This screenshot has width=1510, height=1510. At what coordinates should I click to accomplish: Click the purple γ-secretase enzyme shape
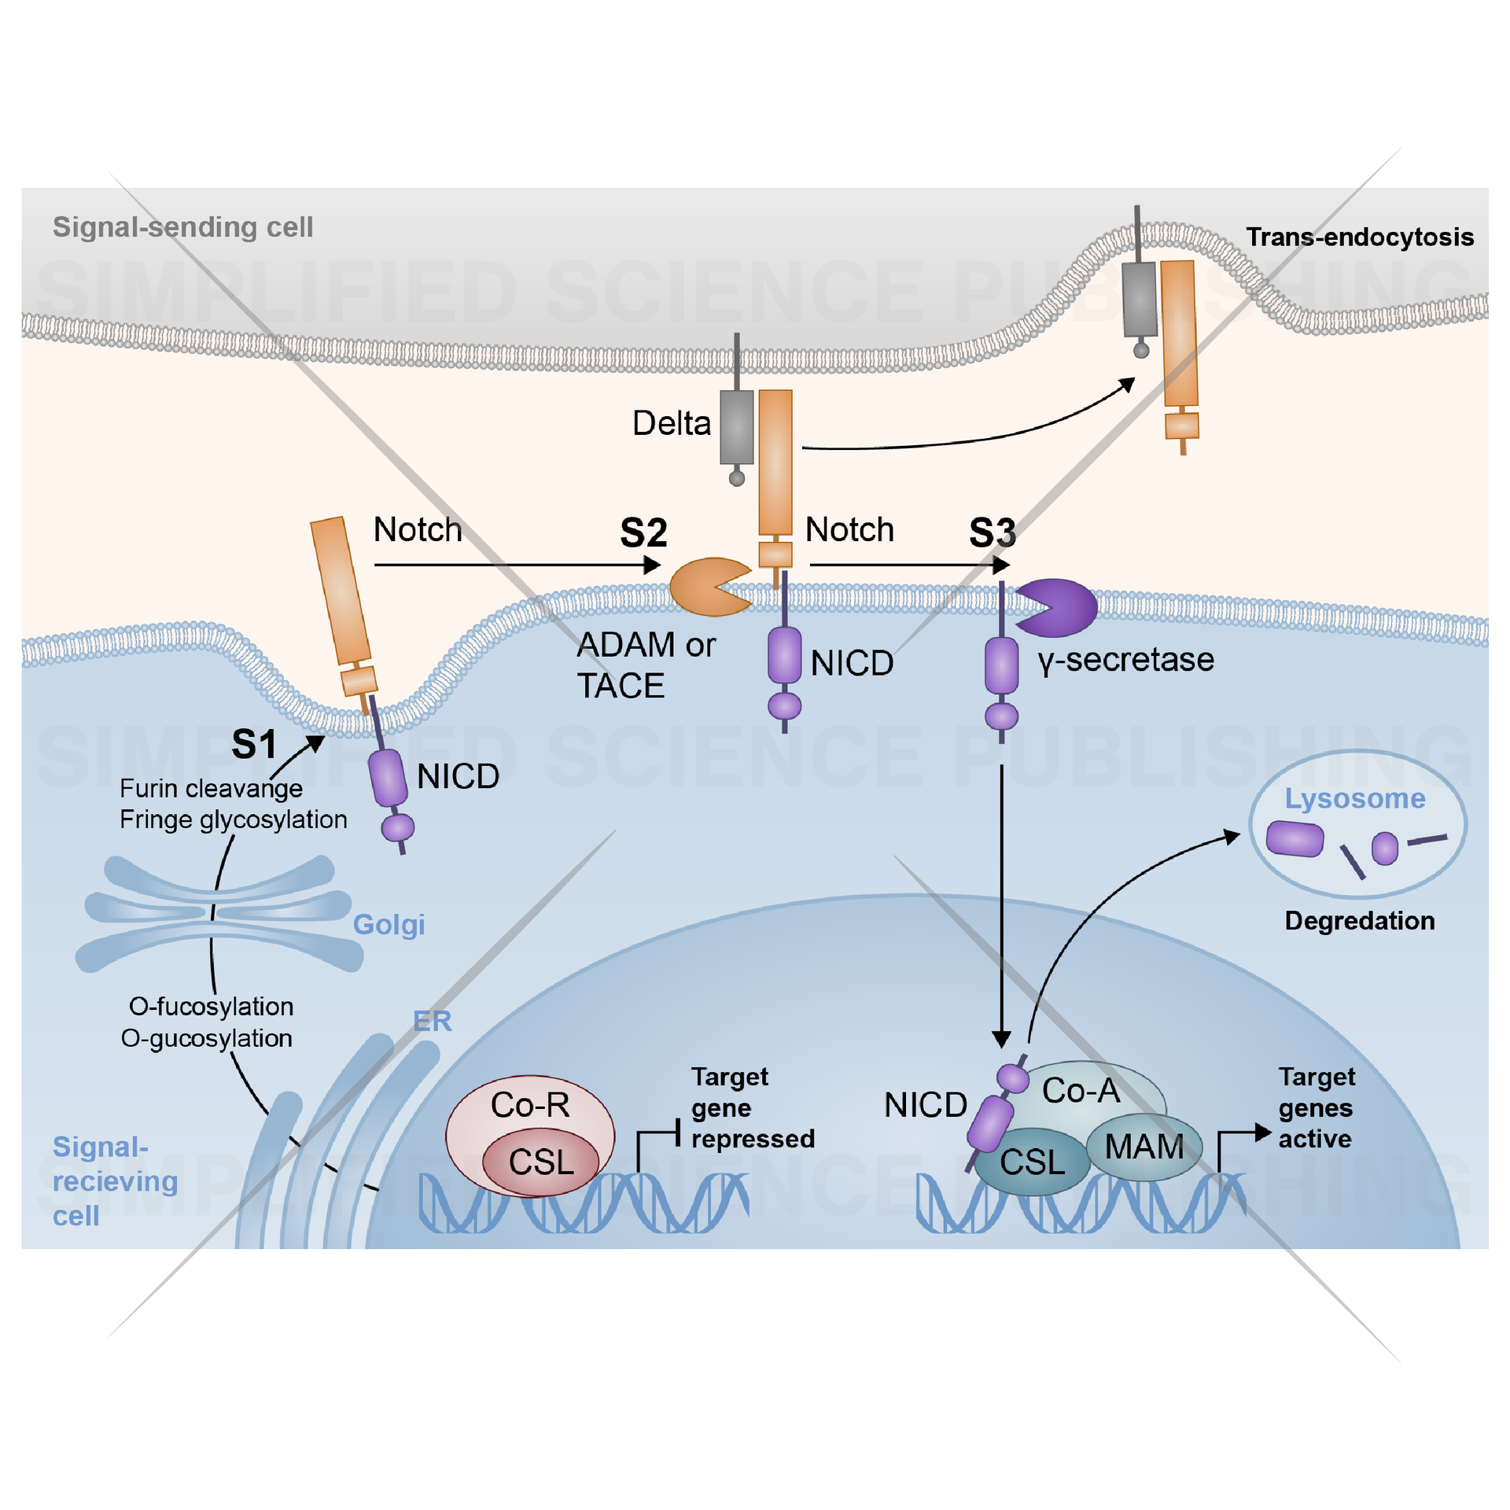(1062, 607)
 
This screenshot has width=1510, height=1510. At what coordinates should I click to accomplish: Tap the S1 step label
(254, 744)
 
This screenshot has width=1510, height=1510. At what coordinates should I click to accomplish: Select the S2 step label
(643, 533)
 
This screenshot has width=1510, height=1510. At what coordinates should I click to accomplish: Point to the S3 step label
(992, 533)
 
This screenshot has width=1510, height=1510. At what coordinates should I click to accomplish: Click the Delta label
(671, 423)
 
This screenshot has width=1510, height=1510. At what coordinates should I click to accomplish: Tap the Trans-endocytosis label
(1359, 237)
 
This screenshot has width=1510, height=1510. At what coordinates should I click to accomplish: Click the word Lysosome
(1354, 798)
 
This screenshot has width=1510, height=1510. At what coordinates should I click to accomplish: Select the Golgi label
(389, 924)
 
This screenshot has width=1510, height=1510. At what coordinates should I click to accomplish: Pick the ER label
(432, 1021)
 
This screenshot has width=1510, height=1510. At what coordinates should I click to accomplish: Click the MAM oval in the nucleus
(1144, 1147)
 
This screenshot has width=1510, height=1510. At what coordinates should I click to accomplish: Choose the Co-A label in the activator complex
(1081, 1091)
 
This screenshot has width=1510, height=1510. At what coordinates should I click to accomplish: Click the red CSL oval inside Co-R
(541, 1162)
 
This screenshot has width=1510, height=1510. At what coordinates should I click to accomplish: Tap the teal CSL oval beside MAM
(1031, 1162)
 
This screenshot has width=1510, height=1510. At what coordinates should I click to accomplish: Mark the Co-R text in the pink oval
(530, 1105)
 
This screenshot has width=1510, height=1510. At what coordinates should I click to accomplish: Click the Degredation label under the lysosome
(1359, 921)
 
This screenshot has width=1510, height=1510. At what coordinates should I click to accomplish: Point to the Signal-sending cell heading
(182, 227)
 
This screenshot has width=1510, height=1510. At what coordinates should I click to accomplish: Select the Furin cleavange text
(211, 788)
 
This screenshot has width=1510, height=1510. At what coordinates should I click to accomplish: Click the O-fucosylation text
(211, 1007)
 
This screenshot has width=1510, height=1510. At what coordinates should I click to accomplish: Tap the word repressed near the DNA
(753, 1139)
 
